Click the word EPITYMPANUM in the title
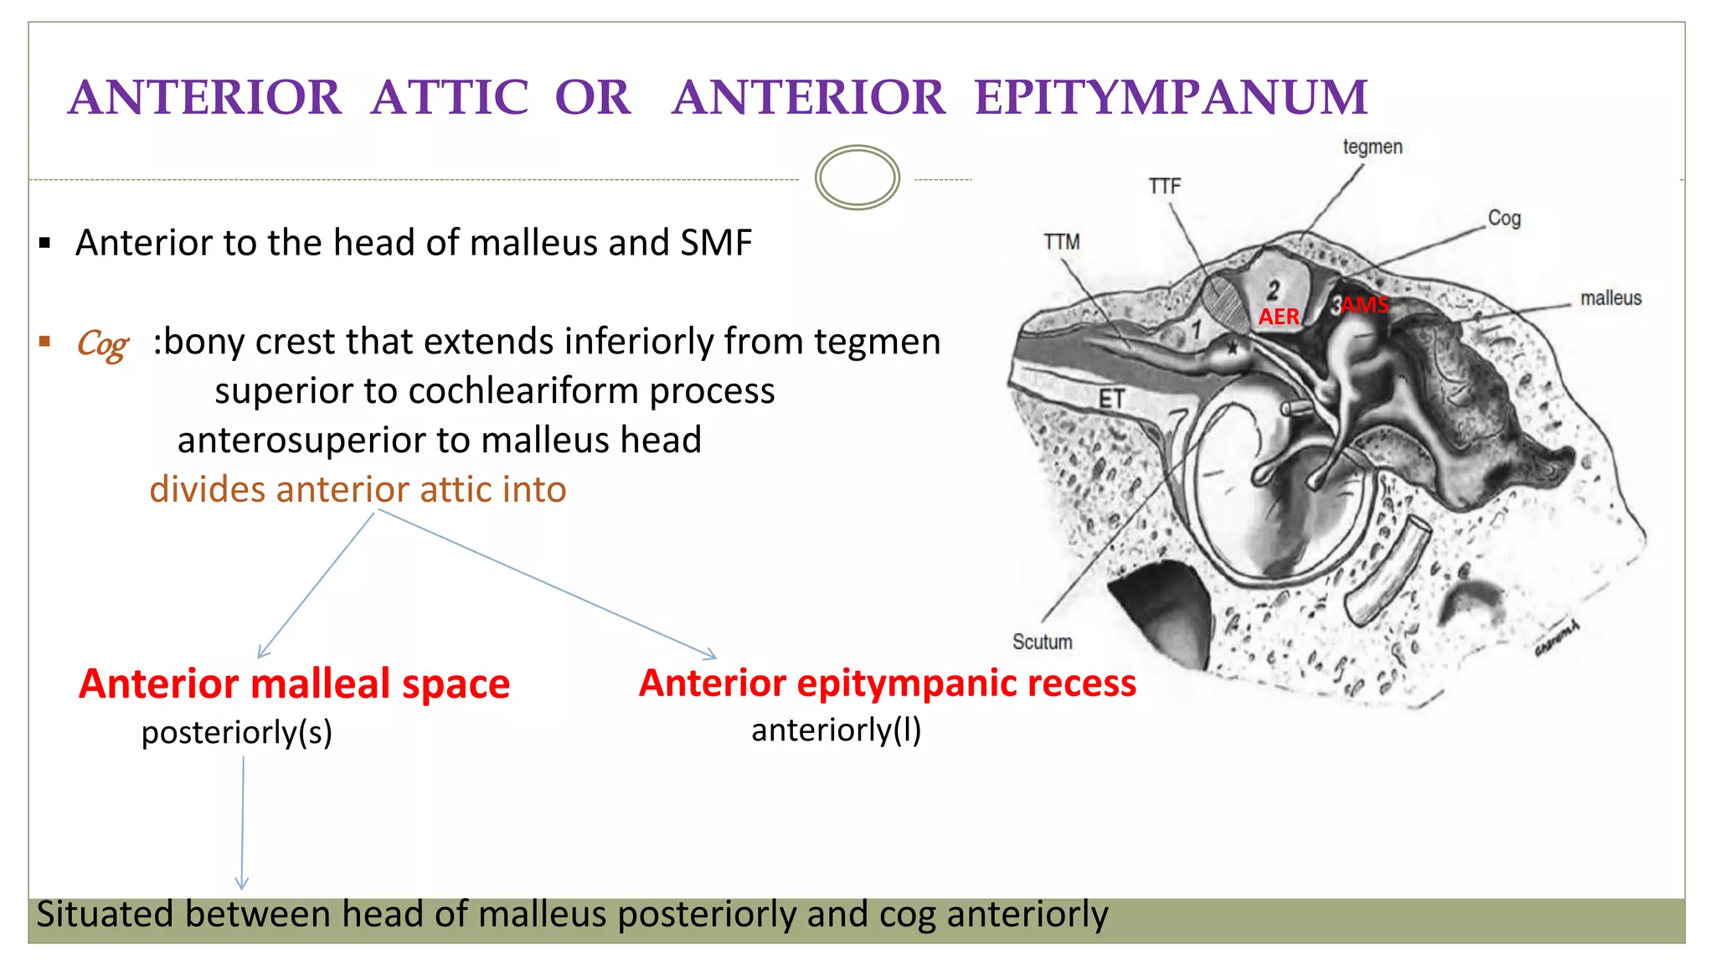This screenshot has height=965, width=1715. click(x=1171, y=98)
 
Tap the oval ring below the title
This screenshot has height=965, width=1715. click(x=857, y=178)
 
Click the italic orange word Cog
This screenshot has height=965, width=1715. click(x=102, y=343)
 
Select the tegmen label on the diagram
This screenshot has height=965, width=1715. click(x=1372, y=147)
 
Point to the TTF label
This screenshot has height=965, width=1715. click(x=1164, y=186)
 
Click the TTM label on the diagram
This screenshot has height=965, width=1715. click(x=1061, y=242)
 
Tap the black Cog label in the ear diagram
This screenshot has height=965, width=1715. click(x=1503, y=219)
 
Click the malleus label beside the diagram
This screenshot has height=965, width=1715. click(x=1609, y=298)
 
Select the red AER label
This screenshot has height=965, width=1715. click(x=1279, y=317)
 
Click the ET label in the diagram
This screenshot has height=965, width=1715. click(x=1111, y=400)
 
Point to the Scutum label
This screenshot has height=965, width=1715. click(x=1042, y=642)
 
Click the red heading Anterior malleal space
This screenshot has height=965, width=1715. click(x=294, y=684)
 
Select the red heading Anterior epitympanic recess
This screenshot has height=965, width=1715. click(x=887, y=683)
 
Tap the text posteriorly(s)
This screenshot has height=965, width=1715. click(x=236, y=733)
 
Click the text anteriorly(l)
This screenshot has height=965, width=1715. click(x=836, y=730)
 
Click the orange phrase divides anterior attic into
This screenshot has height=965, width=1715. click(x=358, y=489)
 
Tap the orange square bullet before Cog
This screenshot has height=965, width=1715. click(x=45, y=341)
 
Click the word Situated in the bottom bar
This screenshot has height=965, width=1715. click(x=106, y=914)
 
